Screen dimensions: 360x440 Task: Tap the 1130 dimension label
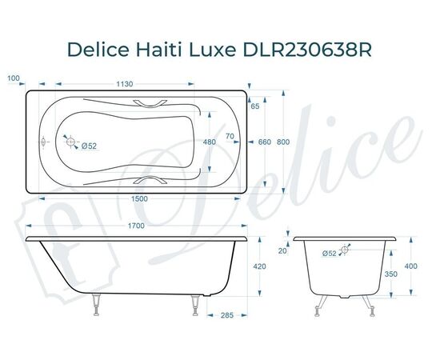(124, 83)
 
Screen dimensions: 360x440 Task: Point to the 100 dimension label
(12, 78)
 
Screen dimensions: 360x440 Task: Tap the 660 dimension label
(265, 142)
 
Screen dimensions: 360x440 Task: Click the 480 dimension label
(210, 142)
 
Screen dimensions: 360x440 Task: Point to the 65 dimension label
(255, 106)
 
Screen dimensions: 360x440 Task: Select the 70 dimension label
(230, 137)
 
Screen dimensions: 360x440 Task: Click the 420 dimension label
(260, 267)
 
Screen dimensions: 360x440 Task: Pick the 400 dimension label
(411, 266)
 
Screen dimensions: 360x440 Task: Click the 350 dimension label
(391, 274)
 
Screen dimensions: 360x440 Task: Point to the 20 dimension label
(282, 250)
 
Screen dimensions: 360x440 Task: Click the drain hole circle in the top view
(73, 145)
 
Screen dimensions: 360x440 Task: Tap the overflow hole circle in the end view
(346, 250)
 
